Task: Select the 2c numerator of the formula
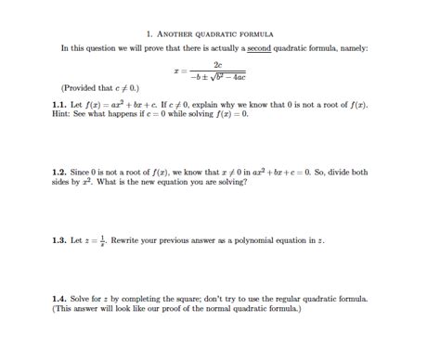click(216, 64)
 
